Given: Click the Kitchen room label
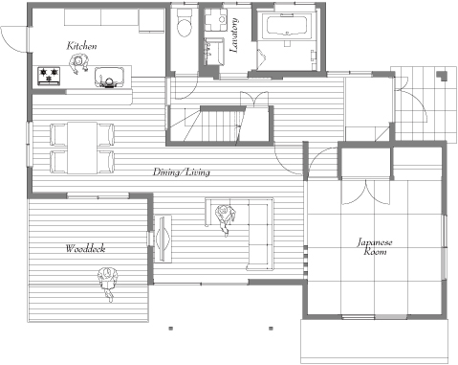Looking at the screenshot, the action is pos(81,46).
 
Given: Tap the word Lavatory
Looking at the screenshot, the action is pos(234,35).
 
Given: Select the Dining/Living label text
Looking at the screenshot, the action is pos(182,172).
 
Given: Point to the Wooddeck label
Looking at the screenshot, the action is pos(85,248).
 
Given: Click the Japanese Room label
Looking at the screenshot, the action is pos(375,246).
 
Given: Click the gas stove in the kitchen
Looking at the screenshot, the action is pos(49,76).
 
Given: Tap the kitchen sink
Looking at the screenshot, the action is pos(109,77).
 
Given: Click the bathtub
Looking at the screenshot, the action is pos(287,25).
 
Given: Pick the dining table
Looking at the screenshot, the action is pos(82,148).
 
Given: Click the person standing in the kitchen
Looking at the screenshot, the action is pos(78,63).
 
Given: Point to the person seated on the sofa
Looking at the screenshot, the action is pos(226,217).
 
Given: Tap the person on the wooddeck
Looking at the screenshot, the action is pos(108,283).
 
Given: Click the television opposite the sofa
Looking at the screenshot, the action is pos(163,239).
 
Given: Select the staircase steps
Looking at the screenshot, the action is pos(220,125).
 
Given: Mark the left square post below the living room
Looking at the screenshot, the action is pos(171,328).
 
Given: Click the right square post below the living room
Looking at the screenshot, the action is pos(271,328).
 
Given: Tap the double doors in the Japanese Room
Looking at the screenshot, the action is pos(365,193).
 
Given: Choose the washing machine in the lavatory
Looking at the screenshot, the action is pos(215,20).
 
